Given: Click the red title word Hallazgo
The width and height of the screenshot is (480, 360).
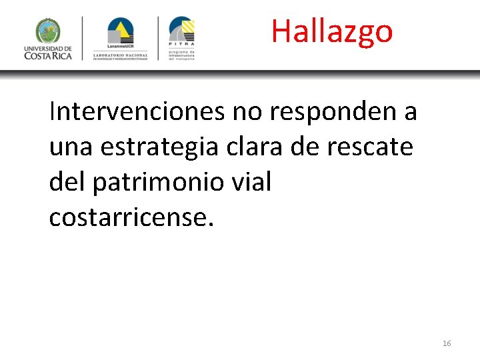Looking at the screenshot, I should point(331,31).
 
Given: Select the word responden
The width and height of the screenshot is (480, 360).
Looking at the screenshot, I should point(331,111).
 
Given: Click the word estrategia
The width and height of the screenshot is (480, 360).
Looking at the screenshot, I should point(159,147).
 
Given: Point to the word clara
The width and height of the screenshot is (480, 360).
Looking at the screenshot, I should point(251,147).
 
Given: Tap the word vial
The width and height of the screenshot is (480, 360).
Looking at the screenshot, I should point(253,181).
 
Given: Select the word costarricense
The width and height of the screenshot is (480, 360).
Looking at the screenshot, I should point(131,217).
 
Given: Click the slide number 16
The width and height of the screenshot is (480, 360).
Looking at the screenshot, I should point(447,343).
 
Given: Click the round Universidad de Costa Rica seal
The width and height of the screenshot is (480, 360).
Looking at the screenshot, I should point(48,31).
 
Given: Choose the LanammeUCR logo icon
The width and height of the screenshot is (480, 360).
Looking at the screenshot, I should point(121,31).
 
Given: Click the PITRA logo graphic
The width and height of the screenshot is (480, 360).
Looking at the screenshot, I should point(181,31).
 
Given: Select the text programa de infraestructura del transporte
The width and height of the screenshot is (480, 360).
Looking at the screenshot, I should point(181,55).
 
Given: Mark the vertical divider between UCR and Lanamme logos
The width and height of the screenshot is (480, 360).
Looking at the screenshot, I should point(83,39).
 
